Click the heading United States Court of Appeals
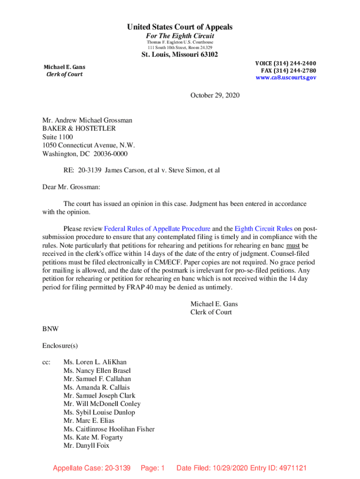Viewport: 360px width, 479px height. click(180, 27)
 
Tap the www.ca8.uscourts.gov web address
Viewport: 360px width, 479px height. click(286, 78)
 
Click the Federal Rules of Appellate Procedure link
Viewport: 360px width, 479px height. click(157, 229)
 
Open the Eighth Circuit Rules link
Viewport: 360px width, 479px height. click(264, 229)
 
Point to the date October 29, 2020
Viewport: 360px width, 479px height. click(215, 95)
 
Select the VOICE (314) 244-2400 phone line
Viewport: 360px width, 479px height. click(285, 64)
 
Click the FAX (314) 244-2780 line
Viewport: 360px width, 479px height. click(288, 71)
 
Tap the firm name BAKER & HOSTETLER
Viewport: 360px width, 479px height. click(79, 129)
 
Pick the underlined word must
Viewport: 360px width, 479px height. click(293, 245)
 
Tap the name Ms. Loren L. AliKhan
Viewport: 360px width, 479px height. click(95, 362)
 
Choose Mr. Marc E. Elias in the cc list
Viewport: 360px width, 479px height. click(89, 421)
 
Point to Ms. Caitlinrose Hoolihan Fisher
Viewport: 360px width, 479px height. click(109, 429)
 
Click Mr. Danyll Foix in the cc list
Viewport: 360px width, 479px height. click(86, 446)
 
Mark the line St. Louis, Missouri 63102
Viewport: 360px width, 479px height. click(180, 55)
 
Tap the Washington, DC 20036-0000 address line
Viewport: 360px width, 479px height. click(85, 154)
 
